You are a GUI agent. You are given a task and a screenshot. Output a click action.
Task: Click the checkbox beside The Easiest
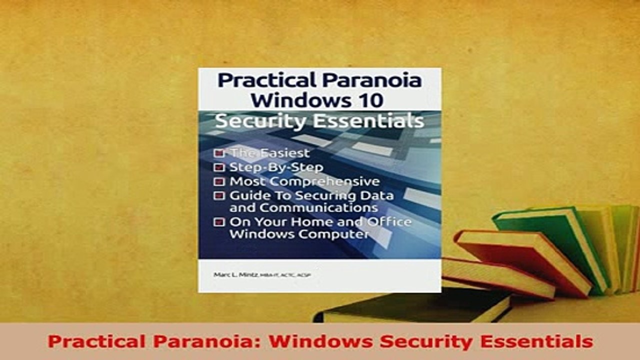click(x=219, y=153)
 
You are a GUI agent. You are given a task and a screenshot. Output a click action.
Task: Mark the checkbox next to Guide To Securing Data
click(x=219, y=196)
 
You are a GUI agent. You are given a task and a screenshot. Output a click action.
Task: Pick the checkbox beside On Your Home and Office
click(x=219, y=222)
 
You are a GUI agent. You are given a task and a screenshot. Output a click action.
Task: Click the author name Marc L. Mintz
click(x=232, y=274)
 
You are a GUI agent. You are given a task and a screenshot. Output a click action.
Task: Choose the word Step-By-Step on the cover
click(x=276, y=167)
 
